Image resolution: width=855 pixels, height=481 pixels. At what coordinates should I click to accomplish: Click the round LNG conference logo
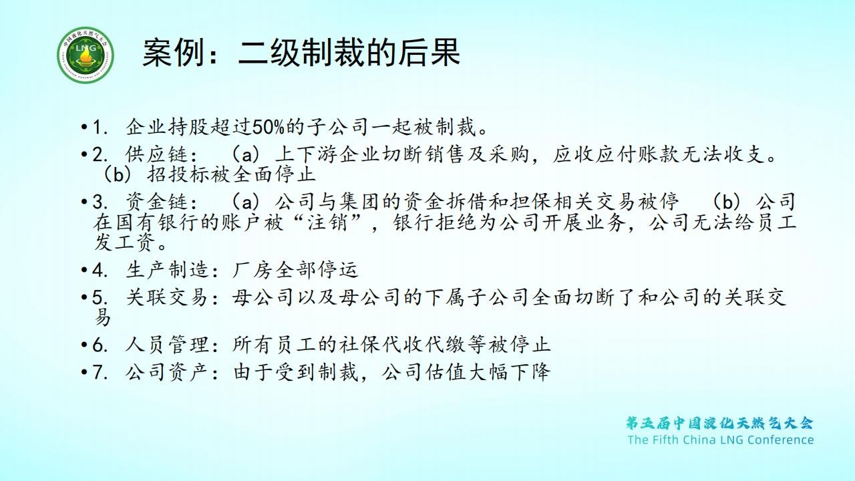click(85, 55)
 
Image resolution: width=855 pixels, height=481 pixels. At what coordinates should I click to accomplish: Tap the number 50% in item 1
click(268, 127)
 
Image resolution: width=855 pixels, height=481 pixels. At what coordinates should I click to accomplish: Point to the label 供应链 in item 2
click(156, 154)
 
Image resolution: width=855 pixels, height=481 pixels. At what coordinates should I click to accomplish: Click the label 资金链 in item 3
click(156, 202)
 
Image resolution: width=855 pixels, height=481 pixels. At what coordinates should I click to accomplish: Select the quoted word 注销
click(327, 222)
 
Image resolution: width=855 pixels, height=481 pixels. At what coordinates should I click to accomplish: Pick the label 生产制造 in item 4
click(167, 270)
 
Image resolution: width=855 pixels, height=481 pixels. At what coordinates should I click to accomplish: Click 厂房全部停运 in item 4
click(295, 270)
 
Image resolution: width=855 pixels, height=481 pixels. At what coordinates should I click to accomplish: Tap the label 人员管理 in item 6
click(167, 344)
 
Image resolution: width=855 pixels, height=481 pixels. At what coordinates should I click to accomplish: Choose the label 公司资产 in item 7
click(167, 372)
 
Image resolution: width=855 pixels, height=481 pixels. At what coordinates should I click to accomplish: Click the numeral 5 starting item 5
click(97, 297)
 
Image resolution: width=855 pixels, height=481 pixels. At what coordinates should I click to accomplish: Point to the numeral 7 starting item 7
click(97, 372)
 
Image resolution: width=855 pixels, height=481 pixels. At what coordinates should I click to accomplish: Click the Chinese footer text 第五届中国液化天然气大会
click(719, 423)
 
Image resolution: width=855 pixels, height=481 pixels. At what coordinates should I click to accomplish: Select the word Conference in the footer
click(780, 440)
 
